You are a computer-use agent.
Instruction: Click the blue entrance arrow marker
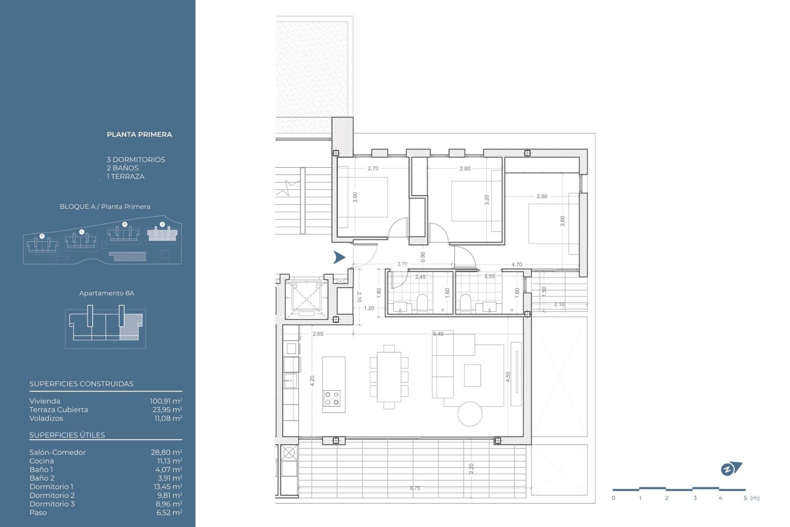point(339,257)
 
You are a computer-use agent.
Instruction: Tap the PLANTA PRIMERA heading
point(139,135)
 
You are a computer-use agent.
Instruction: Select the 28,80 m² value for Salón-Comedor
point(166,452)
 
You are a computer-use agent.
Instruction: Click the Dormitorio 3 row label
point(52,504)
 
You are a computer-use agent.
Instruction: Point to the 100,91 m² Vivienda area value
point(166,401)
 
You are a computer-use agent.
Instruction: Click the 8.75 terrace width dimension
point(415,488)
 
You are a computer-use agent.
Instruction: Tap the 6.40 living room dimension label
point(438,334)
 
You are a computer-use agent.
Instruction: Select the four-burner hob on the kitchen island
point(332,398)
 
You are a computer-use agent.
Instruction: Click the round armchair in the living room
point(470,414)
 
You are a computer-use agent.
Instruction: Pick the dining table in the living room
point(389,377)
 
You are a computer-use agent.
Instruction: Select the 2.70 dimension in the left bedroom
point(373,168)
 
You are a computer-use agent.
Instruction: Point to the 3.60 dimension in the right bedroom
point(562,221)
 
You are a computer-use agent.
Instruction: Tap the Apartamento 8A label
point(107,293)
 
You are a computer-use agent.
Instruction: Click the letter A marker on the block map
point(162,224)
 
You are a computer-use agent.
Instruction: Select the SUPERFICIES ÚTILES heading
point(67,435)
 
